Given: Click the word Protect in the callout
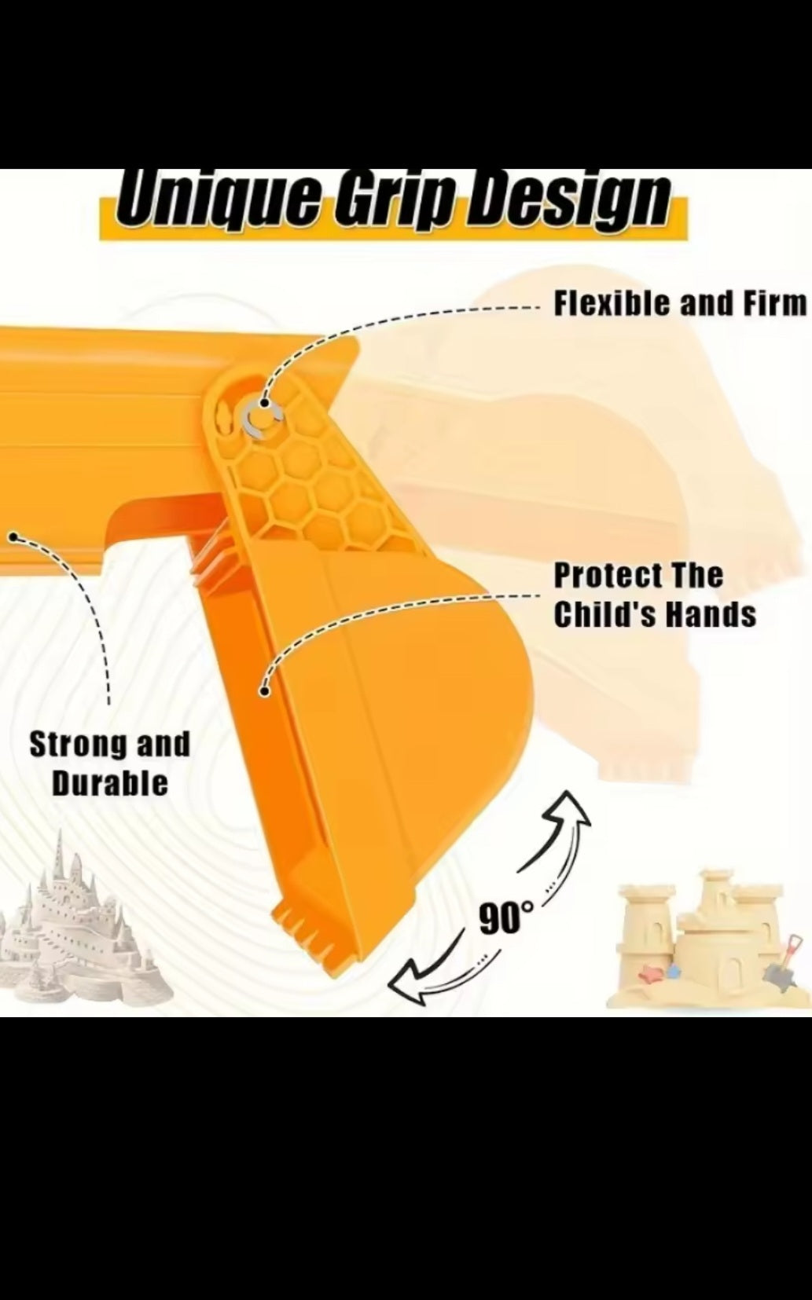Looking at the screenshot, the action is pos(608,576).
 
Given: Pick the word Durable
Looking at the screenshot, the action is pos(110,783).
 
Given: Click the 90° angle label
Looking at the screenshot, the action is pos(506,917).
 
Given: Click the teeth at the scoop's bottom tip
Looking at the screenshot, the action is pos(308,949).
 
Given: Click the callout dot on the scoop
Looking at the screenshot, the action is pos(265,691).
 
